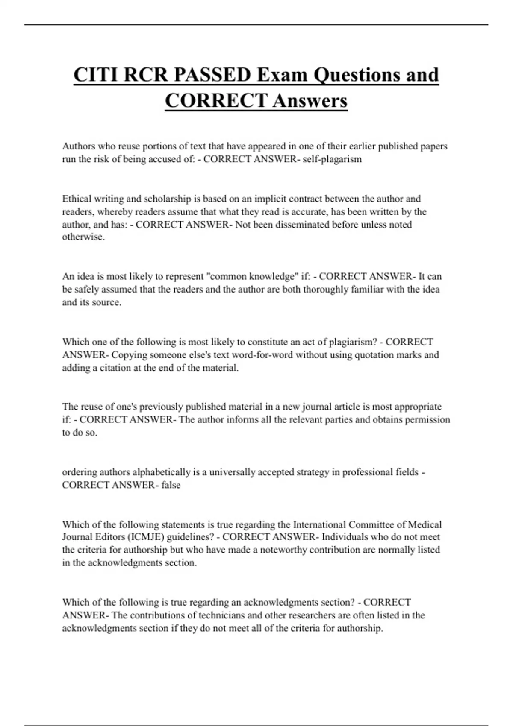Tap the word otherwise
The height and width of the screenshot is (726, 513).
click(x=83, y=237)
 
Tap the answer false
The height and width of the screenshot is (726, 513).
click(x=171, y=485)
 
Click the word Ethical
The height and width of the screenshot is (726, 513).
click(x=77, y=199)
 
